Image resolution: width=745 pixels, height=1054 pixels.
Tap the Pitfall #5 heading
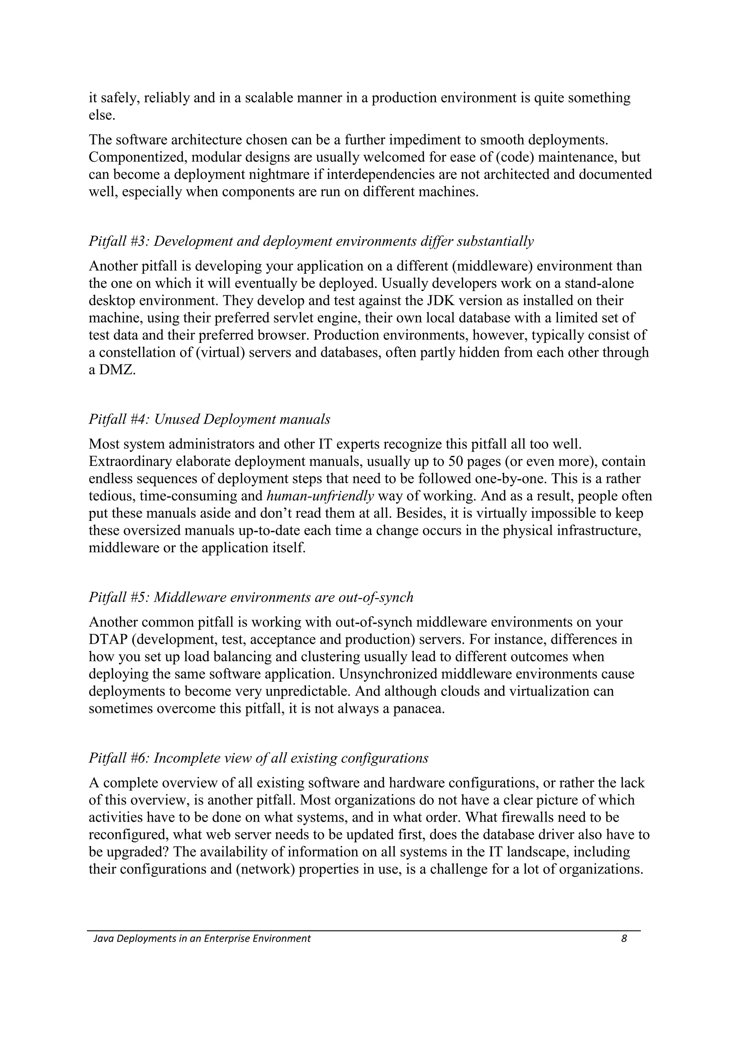coord(251,597)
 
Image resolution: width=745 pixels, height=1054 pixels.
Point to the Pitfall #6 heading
coord(258,758)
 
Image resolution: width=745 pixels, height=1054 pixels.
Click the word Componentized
coord(137,157)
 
